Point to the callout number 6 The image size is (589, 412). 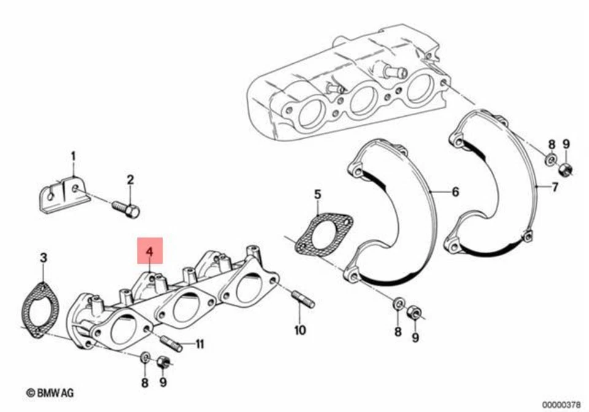[455, 192]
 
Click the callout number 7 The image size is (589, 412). [554, 187]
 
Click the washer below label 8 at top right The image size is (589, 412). [550, 161]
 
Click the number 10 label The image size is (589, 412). [299, 330]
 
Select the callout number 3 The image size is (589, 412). [43, 259]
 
